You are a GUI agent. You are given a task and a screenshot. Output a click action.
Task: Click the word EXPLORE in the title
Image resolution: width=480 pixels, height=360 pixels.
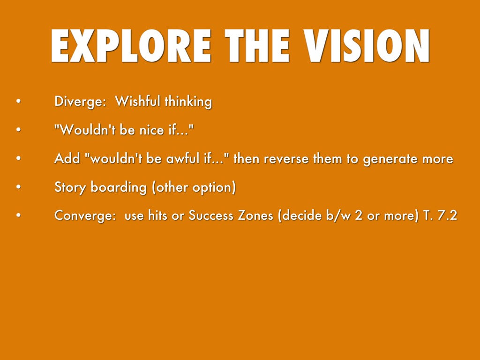(x=131, y=46)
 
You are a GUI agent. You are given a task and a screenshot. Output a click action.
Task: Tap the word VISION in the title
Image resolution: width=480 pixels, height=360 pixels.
(x=367, y=46)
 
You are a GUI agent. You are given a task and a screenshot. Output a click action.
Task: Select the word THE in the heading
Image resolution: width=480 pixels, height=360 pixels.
(x=257, y=46)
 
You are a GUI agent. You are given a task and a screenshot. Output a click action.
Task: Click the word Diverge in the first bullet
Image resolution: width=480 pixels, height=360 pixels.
(x=80, y=101)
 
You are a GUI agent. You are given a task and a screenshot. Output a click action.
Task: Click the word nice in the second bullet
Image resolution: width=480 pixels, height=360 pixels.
(x=152, y=130)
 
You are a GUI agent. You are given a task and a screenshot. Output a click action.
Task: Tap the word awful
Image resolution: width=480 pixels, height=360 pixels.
(x=183, y=158)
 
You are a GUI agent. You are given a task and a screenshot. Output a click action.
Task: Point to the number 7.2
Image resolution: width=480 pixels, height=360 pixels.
(x=448, y=216)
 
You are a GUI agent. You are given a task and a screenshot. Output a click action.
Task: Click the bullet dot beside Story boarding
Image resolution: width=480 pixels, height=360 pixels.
(x=19, y=187)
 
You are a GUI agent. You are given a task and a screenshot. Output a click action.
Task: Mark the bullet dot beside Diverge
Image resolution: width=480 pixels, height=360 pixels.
(x=19, y=101)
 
